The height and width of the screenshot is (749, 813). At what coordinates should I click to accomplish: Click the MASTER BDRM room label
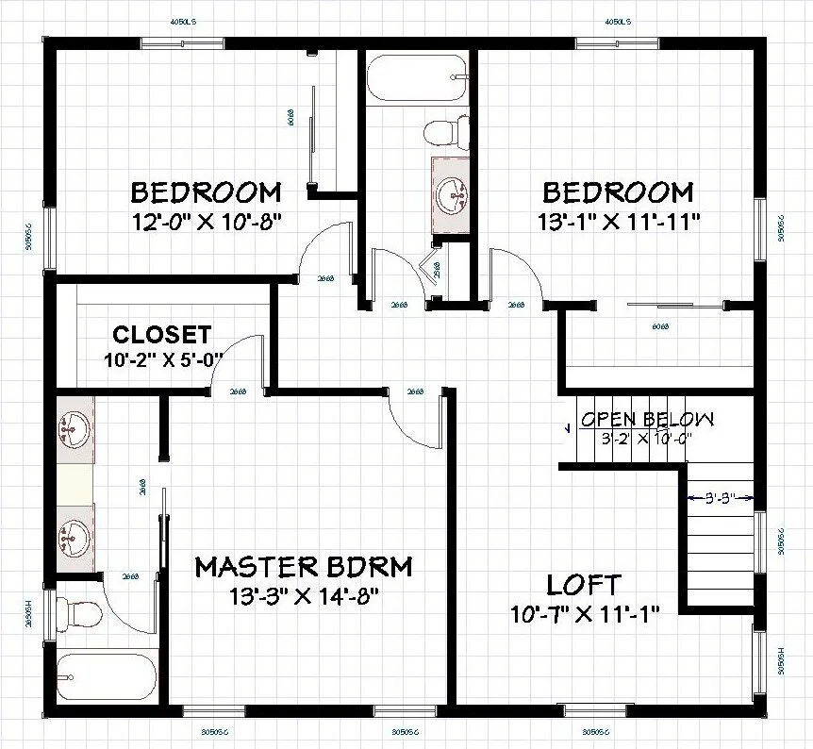(x=303, y=567)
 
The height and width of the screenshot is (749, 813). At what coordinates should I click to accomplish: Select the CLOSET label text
(x=161, y=335)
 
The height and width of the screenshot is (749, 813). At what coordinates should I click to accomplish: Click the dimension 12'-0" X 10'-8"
(x=207, y=222)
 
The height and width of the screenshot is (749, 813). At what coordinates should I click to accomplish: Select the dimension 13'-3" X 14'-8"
(x=303, y=596)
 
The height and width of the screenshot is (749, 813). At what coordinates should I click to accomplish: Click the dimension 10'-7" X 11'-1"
(x=584, y=613)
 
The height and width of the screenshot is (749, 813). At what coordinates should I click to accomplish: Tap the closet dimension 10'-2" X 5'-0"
(x=161, y=358)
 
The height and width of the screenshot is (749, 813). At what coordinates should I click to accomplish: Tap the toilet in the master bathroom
(x=78, y=614)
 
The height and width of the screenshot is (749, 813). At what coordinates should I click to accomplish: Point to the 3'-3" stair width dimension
(x=722, y=497)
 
